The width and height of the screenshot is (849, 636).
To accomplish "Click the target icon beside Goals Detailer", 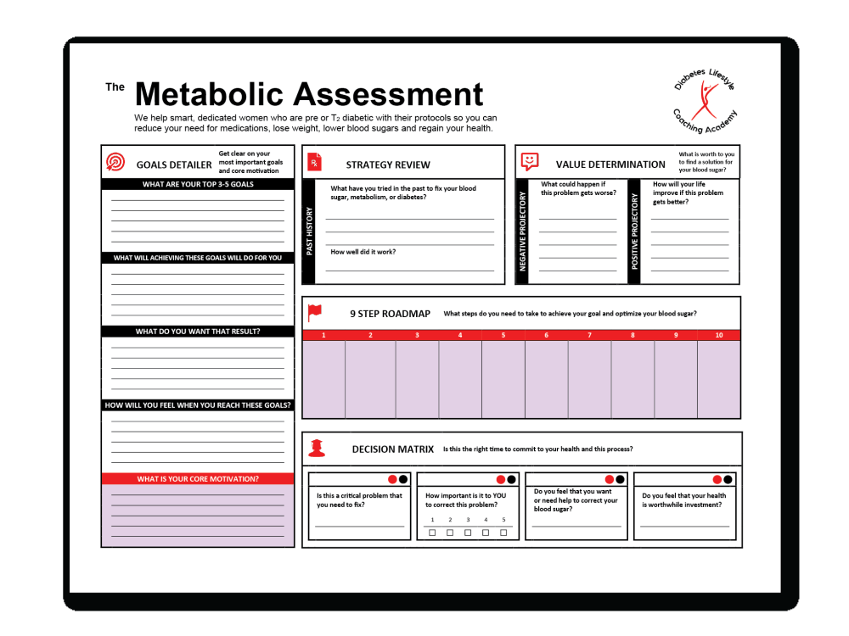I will coord(115,162).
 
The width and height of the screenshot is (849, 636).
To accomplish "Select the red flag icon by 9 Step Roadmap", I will coord(315,312).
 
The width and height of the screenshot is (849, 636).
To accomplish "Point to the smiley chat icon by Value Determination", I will coord(530,161).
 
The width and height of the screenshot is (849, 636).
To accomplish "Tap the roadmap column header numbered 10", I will coord(719,336).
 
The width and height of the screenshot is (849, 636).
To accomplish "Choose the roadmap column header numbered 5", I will coord(503,336).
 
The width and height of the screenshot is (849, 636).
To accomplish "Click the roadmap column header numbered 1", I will coord(323,336).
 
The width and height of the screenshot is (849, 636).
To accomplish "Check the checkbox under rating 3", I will coord(468,533).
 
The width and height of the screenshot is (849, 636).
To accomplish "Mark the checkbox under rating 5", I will coord(503,533).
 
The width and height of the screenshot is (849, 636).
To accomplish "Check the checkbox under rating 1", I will coord(432,533).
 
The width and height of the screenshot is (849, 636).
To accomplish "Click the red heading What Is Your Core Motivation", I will coord(198,479).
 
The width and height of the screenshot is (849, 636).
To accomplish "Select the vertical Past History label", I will coord(309,231).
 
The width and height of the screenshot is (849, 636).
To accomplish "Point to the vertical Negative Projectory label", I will coord(523,231).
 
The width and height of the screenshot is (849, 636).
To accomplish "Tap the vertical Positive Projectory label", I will coord(634,231).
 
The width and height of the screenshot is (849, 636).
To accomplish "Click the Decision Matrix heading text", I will coord(393,449).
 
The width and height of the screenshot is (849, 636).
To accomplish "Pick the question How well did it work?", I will coord(363,252).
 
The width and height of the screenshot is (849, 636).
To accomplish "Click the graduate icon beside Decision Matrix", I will coord(316,448).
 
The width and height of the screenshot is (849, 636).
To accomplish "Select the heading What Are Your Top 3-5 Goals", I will coord(198,184).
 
